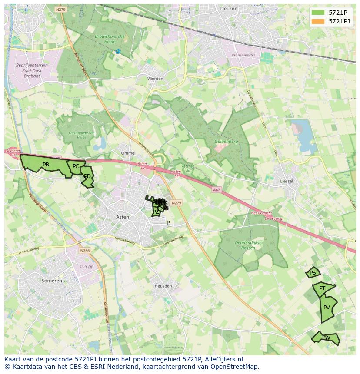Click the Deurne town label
[229, 8]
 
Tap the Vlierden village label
[155, 79]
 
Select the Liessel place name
[287, 181]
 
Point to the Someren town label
[52, 281]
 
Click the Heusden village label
[163, 286]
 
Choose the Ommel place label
[128, 153]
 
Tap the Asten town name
[123, 217]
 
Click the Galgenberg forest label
[226, 141]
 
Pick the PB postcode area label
[46, 165]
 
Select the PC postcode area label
[76, 166]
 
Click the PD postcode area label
[87, 176]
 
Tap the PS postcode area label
[313, 273]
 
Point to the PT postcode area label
[322, 288]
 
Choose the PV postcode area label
[327, 308]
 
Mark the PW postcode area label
[326, 338]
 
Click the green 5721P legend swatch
[318, 13]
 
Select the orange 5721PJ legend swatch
[318, 21]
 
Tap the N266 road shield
[85, 250]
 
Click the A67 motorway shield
[217, 189]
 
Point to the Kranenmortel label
[243, 56]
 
